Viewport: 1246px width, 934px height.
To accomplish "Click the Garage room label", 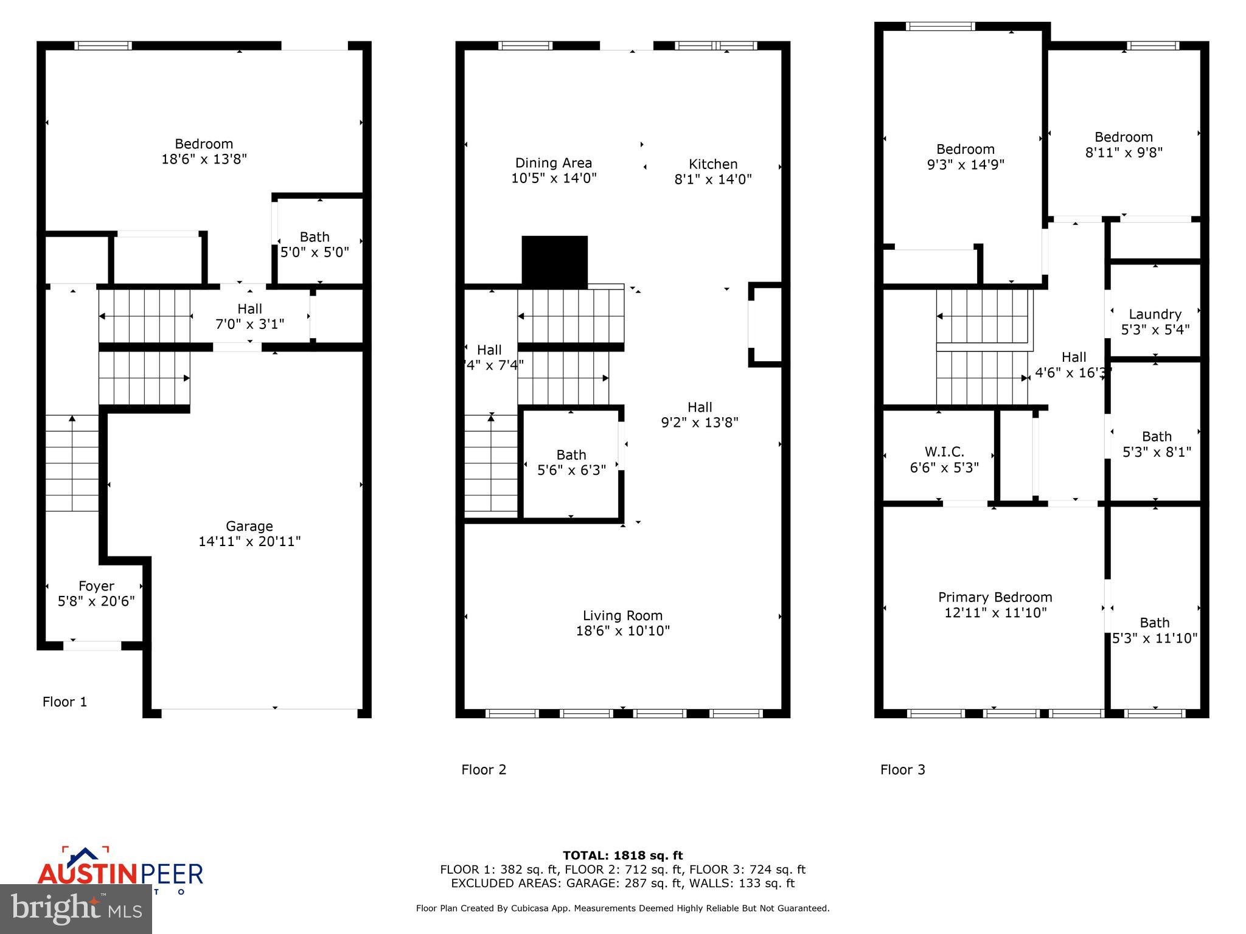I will point(249,526).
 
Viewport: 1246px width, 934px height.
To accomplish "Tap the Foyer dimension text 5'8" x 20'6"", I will point(96,601).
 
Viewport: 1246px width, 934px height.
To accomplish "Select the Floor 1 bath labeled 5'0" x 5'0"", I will point(314,244).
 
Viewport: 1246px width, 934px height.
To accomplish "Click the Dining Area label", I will point(553,163).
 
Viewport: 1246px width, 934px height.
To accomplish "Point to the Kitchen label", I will point(712,164).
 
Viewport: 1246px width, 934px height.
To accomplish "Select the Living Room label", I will point(622,615).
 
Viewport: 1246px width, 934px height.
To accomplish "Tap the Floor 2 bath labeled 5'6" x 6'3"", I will point(571,462).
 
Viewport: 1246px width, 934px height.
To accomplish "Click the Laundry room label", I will point(1155,314).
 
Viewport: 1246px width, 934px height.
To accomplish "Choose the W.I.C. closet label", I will point(944,452).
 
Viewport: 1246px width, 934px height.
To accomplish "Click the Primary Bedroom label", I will point(995,597).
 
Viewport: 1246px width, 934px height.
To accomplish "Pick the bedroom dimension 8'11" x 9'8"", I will point(1123,153).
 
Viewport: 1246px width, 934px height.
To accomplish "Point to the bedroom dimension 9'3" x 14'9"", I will point(965,165).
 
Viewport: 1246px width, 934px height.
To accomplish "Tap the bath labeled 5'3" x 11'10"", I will point(1154,631).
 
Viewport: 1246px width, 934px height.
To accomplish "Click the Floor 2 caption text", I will point(484,770).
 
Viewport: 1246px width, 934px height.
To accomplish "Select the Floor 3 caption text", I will point(902,770).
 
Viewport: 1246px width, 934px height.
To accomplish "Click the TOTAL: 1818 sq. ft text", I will point(622,856).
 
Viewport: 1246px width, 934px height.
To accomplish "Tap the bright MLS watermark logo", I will point(76,908).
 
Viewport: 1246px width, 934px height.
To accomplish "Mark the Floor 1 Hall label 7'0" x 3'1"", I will point(249,316).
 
